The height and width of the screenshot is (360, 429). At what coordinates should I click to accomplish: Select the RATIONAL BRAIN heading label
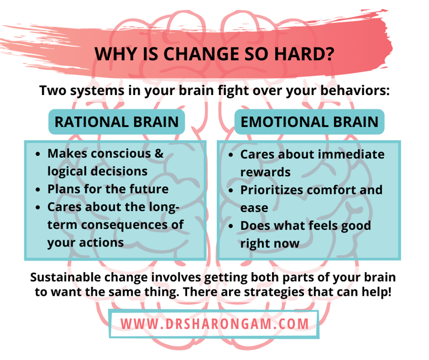(x=117, y=121)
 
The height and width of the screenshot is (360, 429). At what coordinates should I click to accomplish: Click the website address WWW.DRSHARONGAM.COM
(x=214, y=324)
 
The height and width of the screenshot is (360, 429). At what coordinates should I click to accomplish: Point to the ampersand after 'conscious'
(x=159, y=153)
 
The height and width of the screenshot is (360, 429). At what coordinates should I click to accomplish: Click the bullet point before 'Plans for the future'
(x=37, y=190)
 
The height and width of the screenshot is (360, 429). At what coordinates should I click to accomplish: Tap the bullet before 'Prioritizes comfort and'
(x=230, y=190)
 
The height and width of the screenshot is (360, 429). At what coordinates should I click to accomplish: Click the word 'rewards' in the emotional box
(x=265, y=172)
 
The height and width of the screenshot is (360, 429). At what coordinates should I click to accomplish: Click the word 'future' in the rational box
(x=147, y=189)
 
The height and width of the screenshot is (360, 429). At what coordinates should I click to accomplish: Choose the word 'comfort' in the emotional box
(x=335, y=190)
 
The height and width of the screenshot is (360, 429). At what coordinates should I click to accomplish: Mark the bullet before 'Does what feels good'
(x=230, y=226)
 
